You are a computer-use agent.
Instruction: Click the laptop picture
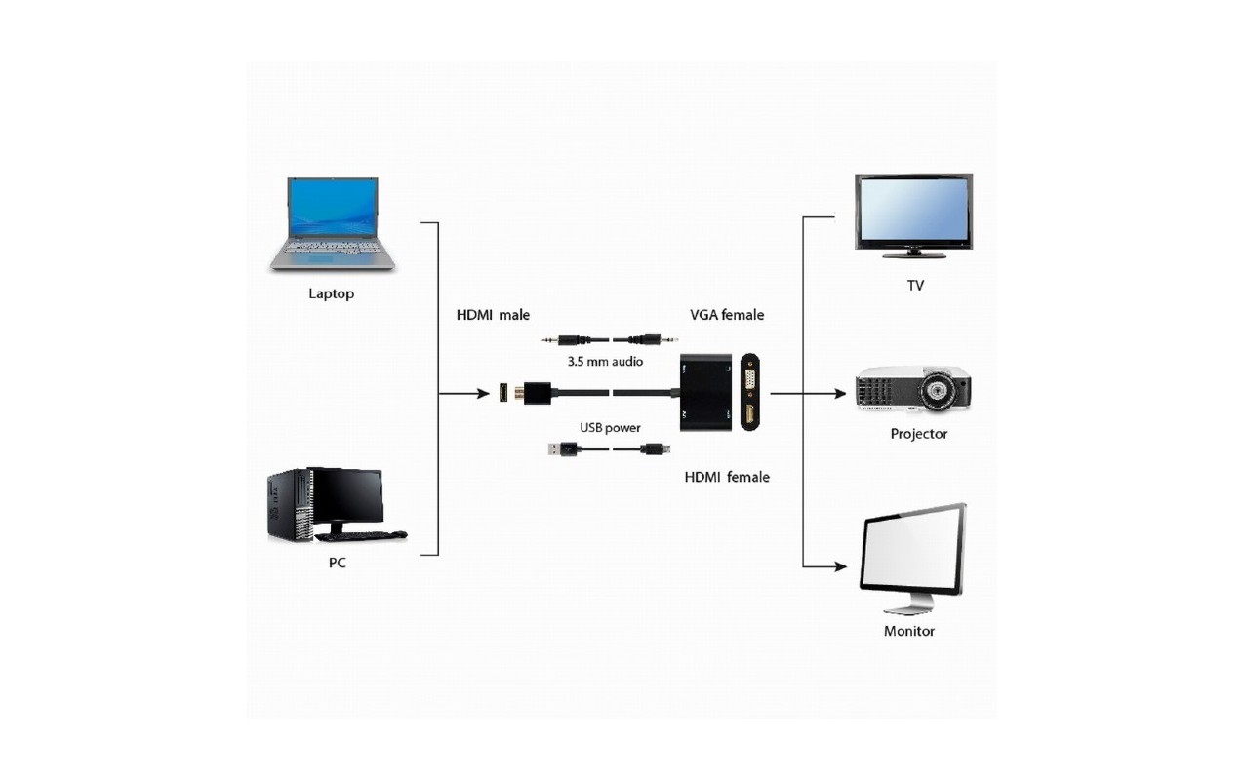coord(332,224)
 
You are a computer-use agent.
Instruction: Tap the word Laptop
coord(332,293)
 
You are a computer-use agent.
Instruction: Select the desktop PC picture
coord(337,505)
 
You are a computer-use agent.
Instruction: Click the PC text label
coord(338,563)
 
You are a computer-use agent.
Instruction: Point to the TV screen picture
coord(913,215)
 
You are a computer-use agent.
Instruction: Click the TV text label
coord(915,286)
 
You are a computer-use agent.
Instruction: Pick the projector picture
coord(913,389)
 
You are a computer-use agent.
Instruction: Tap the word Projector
coord(918,434)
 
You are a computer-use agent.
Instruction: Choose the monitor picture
coord(912,558)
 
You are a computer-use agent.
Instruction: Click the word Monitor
coord(909,631)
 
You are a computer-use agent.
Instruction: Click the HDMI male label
coord(493,315)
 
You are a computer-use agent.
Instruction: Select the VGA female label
coord(727,315)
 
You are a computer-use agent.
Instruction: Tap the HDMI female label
coord(727,477)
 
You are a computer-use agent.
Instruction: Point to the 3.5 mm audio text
coord(605,362)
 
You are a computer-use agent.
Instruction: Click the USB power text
coord(610,427)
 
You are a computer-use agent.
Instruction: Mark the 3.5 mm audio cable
coord(609,339)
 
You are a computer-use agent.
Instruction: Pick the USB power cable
coord(609,448)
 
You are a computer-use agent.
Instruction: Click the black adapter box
coord(705,393)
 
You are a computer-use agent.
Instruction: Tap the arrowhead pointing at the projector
coord(840,394)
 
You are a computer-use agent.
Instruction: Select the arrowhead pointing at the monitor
coord(840,566)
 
